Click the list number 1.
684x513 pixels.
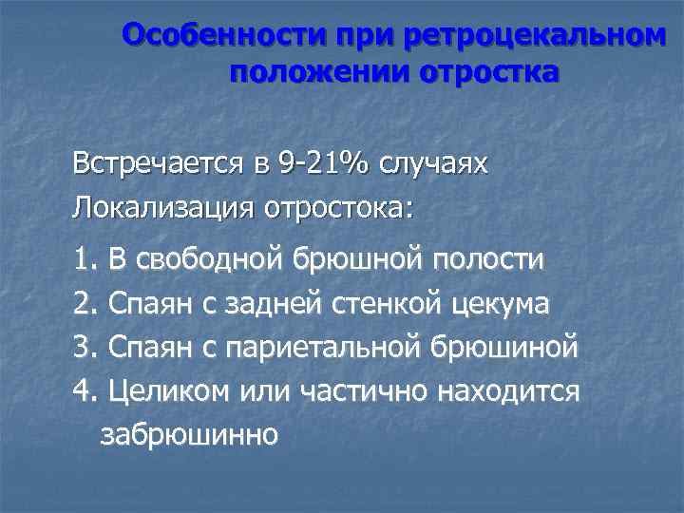point(81,258)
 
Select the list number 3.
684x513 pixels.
point(81,347)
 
